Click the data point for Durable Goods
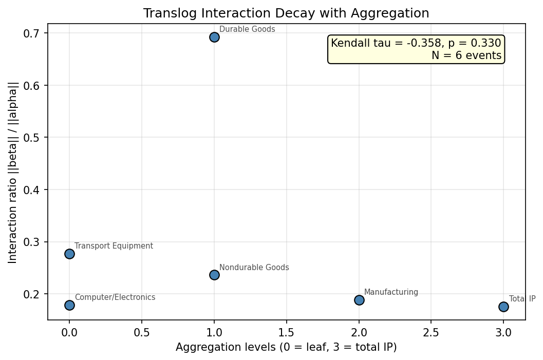pos(214,37)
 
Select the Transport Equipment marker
pos(69,254)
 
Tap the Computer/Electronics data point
pos(69,305)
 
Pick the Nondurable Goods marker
pos(214,275)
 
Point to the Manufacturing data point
pos(359,300)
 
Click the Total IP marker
pos(503,307)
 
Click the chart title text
pos(286,13)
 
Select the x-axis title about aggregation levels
pos(286,347)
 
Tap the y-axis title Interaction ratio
pos(13,172)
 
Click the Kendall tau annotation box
pos(416,49)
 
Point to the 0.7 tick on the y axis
pos(31,33)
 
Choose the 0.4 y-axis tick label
pos(31,190)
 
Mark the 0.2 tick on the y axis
pos(31,294)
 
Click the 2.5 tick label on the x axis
pos(431,332)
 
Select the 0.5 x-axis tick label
pos(142,332)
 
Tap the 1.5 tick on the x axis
pos(286,332)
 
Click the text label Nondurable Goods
pos(254,268)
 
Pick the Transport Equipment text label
pos(114,246)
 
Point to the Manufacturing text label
pos(391,292)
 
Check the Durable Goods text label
pos(247,29)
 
